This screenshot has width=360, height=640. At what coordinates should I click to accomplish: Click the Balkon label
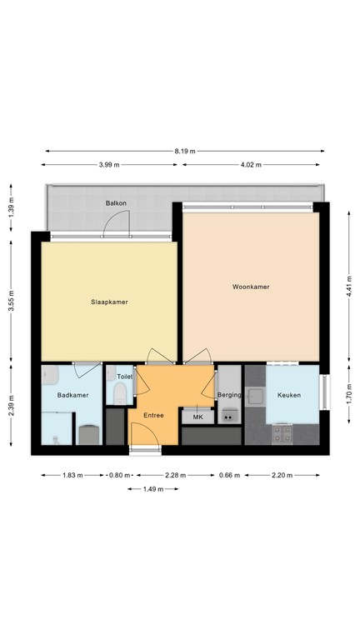pos(115,203)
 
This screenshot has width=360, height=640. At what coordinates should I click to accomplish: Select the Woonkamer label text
pos(251,287)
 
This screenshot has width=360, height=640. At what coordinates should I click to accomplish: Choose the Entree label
pos(154,414)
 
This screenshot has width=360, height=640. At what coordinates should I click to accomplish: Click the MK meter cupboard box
pos(197,416)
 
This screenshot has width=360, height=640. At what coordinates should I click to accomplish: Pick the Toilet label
pos(125,377)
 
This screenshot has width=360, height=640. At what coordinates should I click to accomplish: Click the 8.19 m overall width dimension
pos(185,151)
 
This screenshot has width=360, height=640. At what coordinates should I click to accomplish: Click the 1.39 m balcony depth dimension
pos(12,206)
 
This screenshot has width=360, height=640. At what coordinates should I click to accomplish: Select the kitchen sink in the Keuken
pos(253,397)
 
